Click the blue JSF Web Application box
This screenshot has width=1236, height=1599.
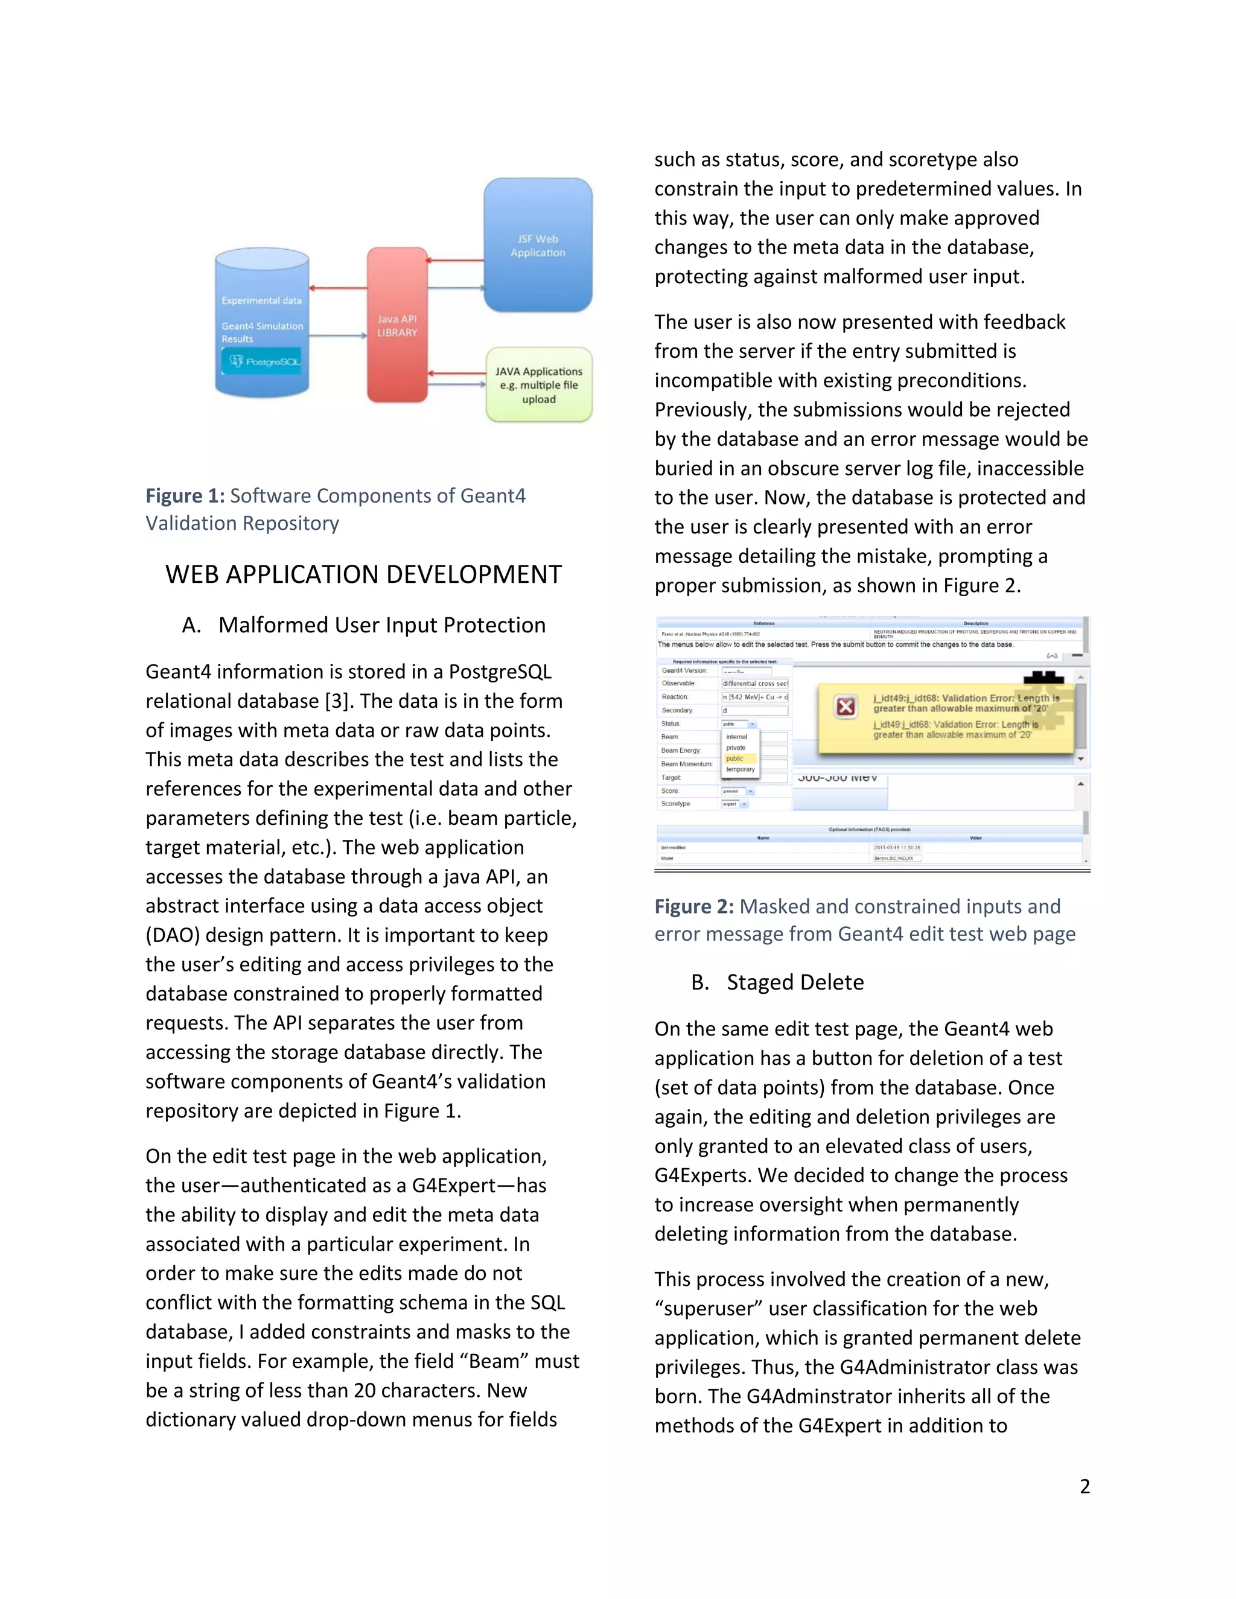click(x=538, y=245)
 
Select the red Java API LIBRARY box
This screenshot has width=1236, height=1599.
click(x=397, y=325)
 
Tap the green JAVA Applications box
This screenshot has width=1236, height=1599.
click(x=539, y=385)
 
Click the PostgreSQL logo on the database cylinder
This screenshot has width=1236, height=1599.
click(x=262, y=361)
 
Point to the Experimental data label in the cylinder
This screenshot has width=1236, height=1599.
click(x=261, y=300)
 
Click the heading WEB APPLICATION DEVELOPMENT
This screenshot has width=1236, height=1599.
click(x=363, y=574)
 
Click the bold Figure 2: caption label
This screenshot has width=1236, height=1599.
click(x=693, y=906)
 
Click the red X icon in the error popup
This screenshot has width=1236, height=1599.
click(x=845, y=707)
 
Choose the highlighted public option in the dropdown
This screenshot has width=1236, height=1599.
click(x=735, y=758)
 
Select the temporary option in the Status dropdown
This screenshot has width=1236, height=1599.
click(x=741, y=769)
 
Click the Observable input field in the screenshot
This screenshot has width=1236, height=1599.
click(x=754, y=683)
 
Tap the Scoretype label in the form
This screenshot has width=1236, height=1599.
click(x=675, y=804)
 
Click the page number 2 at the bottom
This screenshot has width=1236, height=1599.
click(x=1085, y=1486)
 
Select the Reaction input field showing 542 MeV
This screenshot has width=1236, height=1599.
click(x=754, y=697)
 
